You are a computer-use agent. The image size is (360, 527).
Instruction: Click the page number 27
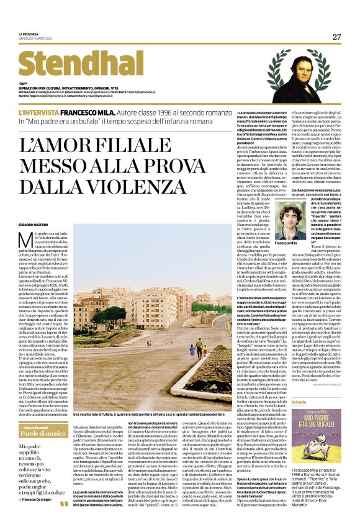tap(336, 37)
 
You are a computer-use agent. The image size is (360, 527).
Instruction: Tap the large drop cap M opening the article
tap(25, 241)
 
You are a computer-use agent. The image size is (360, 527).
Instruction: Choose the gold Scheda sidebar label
tap(282, 402)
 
